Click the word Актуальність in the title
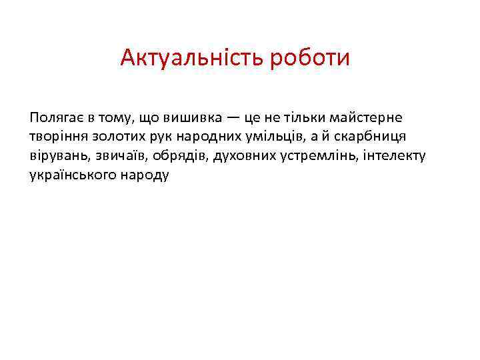point(192,59)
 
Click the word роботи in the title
point(309,59)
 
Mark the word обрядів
point(179,157)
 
